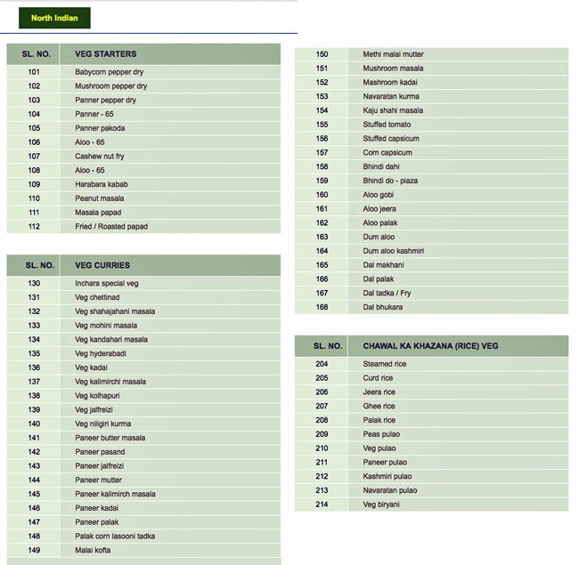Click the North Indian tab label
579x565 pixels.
pos(54,18)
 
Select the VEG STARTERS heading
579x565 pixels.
pos(106,54)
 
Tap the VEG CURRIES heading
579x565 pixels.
pos(102,265)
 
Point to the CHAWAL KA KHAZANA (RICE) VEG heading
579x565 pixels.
pos(424,345)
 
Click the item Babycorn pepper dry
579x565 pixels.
pos(109,72)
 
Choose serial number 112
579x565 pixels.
pos(34,227)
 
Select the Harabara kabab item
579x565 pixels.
pos(102,184)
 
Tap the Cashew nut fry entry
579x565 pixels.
pos(100,157)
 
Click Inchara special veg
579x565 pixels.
pos(107,283)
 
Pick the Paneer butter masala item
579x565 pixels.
pos(110,438)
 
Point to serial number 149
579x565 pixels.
pos(34,550)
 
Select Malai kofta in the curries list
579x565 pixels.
pos(93,550)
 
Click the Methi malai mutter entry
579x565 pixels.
pos(393,54)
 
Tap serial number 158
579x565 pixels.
pos(322,166)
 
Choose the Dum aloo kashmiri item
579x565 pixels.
pos(393,251)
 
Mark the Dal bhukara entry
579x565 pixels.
pos(383,307)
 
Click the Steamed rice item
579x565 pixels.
pos(385,364)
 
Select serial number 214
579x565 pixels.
pos(322,504)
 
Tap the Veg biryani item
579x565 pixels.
pos(381,504)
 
